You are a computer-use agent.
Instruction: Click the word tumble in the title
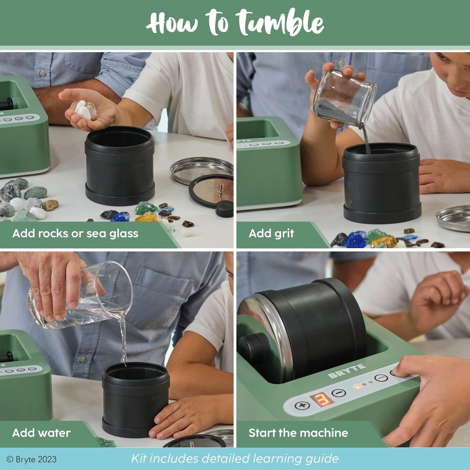(280, 22)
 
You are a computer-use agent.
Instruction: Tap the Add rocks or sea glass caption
(75, 234)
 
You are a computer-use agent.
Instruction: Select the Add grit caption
(271, 234)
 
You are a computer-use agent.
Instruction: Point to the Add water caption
(41, 433)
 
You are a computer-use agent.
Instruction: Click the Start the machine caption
(298, 433)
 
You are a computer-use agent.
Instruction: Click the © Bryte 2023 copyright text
(32, 459)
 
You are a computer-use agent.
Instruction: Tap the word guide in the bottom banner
(322, 459)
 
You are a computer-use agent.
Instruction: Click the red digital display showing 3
(318, 400)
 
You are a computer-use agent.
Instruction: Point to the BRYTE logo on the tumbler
(346, 371)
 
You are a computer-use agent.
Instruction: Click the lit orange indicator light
(358, 387)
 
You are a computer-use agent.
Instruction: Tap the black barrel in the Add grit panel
(382, 184)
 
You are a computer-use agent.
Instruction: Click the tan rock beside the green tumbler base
(50, 205)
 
